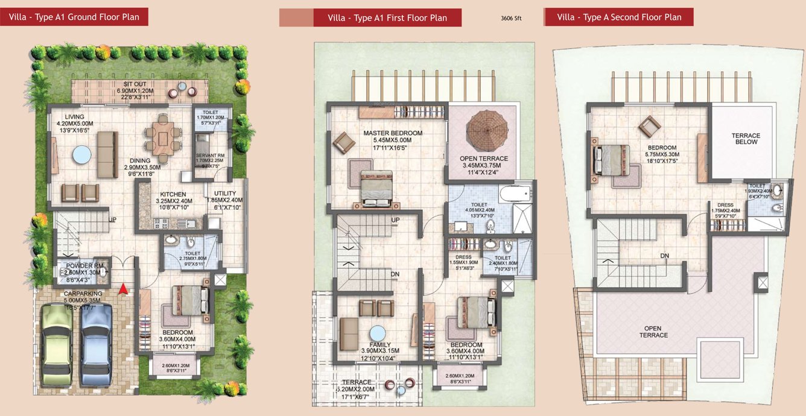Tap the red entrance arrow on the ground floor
[x=123, y=289]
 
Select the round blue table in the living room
[x=81, y=155]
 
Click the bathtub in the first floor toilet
[x=515, y=195]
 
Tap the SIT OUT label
[x=135, y=84]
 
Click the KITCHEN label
[x=173, y=194]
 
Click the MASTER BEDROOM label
[x=393, y=133]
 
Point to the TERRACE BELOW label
[x=746, y=139]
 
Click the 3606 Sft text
[x=511, y=19]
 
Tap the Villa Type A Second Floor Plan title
[x=619, y=17]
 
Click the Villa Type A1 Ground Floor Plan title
[x=74, y=17]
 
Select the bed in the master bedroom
[x=376, y=188]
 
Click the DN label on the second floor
[x=664, y=256]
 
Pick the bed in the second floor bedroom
[x=612, y=160]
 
